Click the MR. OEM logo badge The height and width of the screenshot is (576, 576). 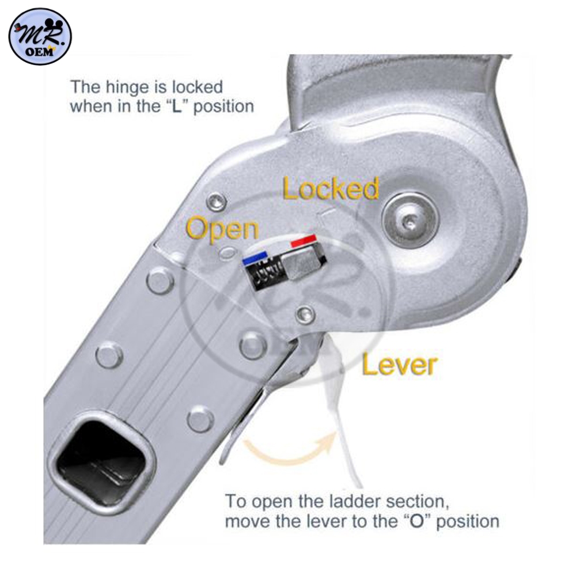(x=40, y=37)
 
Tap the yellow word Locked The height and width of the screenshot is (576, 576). (x=331, y=188)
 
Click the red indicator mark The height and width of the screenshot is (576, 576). (x=303, y=241)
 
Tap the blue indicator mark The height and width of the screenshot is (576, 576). (x=255, y=258)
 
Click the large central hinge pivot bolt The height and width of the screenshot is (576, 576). (x=410, y=221)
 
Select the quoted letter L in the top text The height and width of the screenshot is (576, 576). (x=177, y=107)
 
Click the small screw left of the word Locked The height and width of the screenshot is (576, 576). (x=217, y=202)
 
